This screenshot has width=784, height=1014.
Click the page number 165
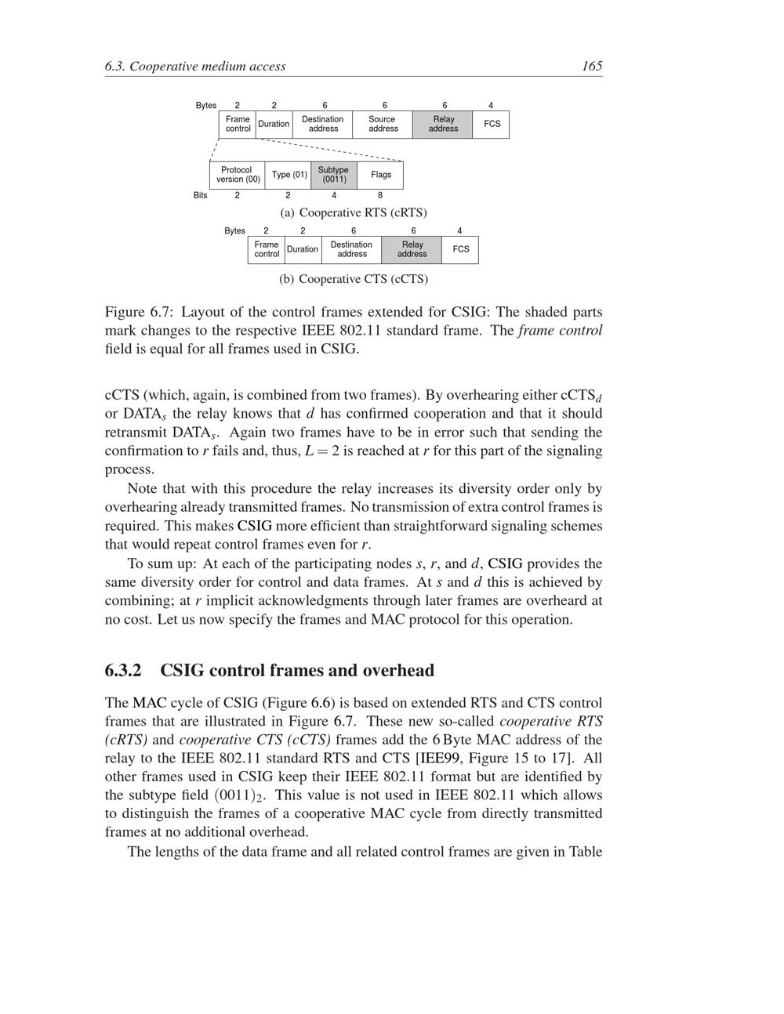pyautogui.click(x=592, y=66)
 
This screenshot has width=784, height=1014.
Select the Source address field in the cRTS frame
pyautogui.click(x=383, y=125)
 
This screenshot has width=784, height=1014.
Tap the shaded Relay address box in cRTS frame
pyautogui.click(x=443, y=125)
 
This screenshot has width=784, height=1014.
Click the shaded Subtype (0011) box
pyautogui.click(x=334, y=175)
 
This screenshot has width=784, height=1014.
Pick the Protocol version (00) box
pyautogui.click(x=238, y=175)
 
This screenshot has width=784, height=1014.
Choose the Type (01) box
pyautogui.click(x=289, y=175)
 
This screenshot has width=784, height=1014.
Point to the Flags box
pyautogui.click(x=381, y=175)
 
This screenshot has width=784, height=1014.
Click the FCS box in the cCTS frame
pyautogui.click(x=461, y=249)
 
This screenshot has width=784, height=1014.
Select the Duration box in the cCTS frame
pyautogui.click(x=303, y=249)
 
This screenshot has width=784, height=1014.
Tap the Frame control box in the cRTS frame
pyautogui.click(x=238, y=125)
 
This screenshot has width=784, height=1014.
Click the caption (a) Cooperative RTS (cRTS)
pyautogui.click(x=354, y=212)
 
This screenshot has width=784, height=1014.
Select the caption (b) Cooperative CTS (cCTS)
pyautogui.click(x=354, y=279)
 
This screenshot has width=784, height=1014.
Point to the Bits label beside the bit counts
pyautogui.click(x=201, y=195)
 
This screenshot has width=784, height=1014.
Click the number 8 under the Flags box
pyautogui.click(x=380, y=195)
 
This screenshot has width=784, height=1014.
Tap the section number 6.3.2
pyautogui.click(x=123, y=671)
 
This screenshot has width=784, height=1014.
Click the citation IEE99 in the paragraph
pyautogui.click(x=438, y=758)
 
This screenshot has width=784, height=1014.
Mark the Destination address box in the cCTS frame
pyautogui.click(x=351, y=249)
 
